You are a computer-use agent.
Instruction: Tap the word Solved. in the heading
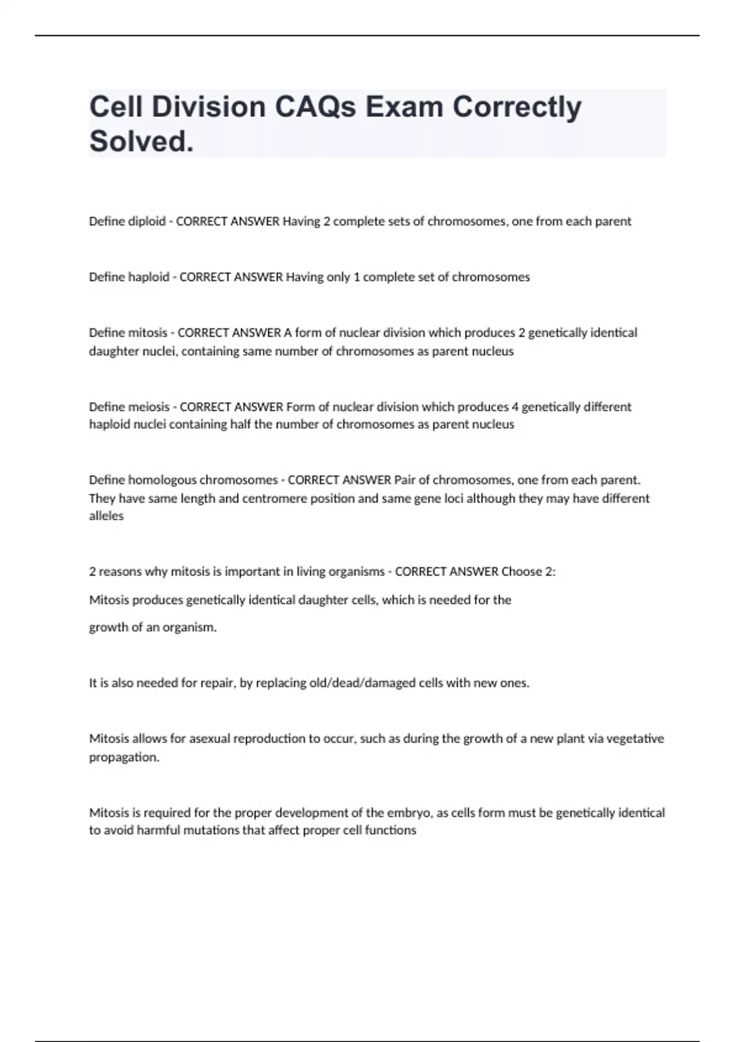click(x=141, y=142)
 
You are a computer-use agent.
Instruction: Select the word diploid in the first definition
click(x=146, y=221)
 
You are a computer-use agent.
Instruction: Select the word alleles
click(x=107, y=516)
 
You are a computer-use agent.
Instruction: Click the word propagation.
click(x=124, y=757)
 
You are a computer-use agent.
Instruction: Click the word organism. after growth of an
click(x=189, y=628)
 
